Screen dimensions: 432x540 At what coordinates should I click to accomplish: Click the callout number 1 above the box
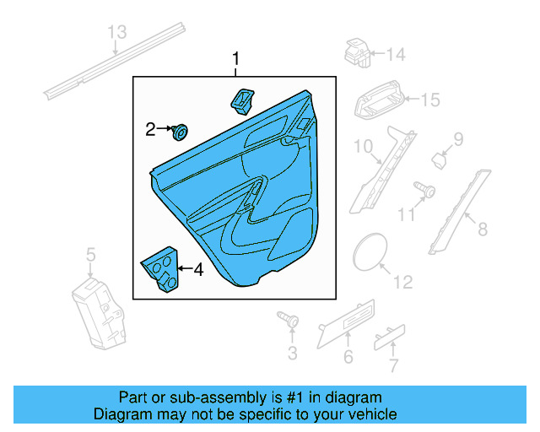[x=236, y=59]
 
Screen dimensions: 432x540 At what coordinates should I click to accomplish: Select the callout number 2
[x=151, y=129]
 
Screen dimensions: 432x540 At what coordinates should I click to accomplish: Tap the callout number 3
[x=293, y=353]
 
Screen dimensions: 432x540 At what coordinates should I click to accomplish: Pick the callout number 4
[x=198, y=270]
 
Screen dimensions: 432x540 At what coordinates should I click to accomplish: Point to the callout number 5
[x=91, y=254]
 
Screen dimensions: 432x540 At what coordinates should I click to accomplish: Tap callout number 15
[x=429, y=100]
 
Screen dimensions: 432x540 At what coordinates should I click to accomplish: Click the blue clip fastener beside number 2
[x=179, y=132]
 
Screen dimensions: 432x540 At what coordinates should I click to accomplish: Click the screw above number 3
[x=290, y=321]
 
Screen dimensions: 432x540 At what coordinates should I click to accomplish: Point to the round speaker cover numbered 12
[x=368, y=251]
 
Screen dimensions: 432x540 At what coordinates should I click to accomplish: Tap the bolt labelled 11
[x=424, y=189]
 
